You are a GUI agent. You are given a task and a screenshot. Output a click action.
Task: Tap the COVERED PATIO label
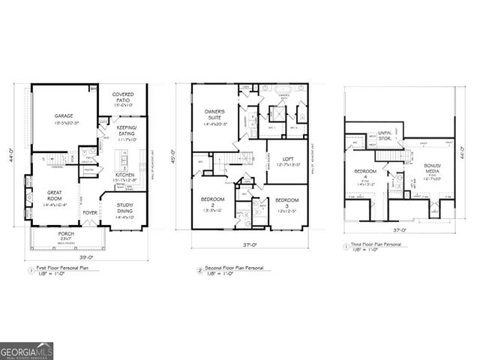coord(123,98)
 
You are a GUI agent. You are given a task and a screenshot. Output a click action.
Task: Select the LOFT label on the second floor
coord(287,160)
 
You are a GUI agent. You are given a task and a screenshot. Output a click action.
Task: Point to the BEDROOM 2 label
coord(213,203)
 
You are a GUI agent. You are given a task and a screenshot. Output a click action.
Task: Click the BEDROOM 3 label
coord(286,203)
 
